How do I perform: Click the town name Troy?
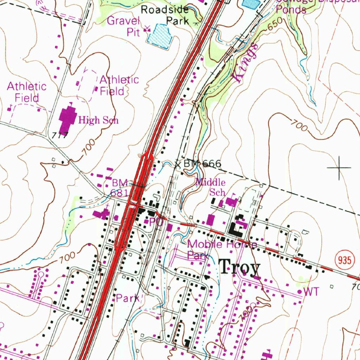point(240,268)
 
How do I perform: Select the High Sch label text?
point(98,120)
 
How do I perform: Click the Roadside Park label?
point(165,15)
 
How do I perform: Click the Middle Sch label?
point(211,187)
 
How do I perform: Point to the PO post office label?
point(155,222)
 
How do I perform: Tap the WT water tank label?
point(311,291)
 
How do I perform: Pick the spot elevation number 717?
point(59,135)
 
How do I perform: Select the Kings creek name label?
point(245,63)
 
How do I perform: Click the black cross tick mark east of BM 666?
point(339,168)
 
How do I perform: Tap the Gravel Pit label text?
point(123,26)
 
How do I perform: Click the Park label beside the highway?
point(128,298)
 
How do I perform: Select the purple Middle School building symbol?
point(231,202)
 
